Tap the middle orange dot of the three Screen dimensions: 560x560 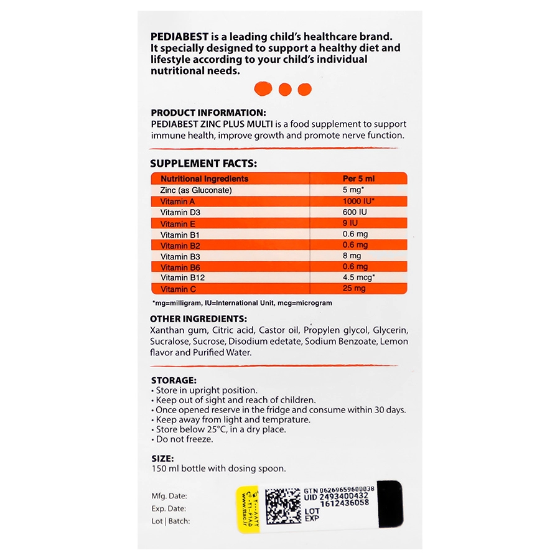tap(285, 89)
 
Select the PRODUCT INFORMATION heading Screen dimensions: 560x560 tap(208, 113)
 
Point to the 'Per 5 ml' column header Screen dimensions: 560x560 tap(359, 179)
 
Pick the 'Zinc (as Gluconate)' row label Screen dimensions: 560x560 tap(195, 190)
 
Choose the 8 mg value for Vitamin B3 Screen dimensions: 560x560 tap(352, 256)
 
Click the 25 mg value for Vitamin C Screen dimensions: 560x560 tap(355, 289)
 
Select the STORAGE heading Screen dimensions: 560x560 tap(174, 380)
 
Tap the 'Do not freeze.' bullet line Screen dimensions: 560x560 tap(184, 439)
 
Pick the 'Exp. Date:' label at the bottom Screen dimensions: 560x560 tap(169, 509)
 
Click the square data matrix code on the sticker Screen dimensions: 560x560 tap(283, 505)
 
